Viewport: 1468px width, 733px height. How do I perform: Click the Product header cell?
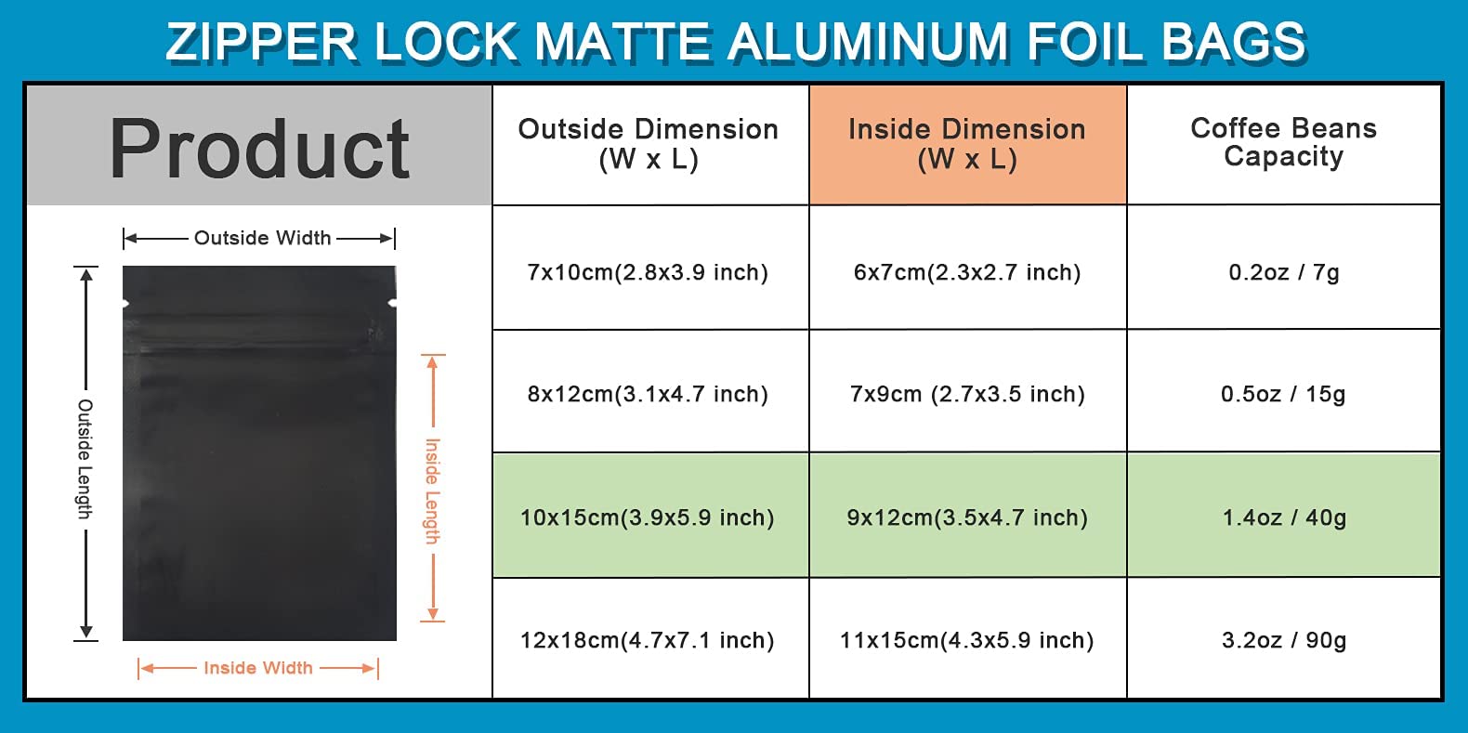(259, 146)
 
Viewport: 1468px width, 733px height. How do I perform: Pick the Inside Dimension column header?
(968, 146)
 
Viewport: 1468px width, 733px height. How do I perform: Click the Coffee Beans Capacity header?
(1284, 146)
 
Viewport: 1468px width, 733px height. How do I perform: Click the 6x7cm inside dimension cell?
(968, 268)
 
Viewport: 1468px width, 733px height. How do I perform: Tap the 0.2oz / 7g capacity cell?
(1284, 268)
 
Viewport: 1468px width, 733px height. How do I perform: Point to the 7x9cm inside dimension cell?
(968, 391)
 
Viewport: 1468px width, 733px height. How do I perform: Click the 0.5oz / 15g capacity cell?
(1284, 391)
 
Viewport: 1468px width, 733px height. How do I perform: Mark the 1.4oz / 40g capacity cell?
(1284, 515)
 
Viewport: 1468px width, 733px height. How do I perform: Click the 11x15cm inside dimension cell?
(968, 638)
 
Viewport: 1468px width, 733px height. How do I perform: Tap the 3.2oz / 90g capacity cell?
(1284, 638)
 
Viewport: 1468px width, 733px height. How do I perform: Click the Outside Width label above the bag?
(262, 238)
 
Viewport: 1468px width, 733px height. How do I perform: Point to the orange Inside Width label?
(258, 667)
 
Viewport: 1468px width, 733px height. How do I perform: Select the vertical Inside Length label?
(433, 491)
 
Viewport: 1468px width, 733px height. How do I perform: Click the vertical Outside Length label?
(85, 459)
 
